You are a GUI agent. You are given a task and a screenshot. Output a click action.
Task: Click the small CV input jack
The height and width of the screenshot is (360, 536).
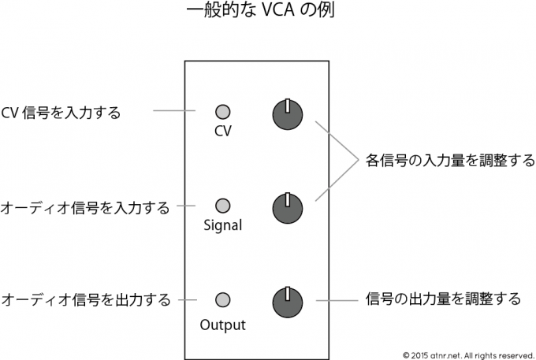click(222, 112)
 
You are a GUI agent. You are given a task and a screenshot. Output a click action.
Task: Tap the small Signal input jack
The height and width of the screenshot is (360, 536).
click(222, 206)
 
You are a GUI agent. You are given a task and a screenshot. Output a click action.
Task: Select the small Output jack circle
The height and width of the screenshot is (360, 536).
click(222, 299)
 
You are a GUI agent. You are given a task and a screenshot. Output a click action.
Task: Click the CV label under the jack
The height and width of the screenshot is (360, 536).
click(222, 132)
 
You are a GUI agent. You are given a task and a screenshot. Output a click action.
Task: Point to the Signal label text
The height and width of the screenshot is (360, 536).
click(221, 226)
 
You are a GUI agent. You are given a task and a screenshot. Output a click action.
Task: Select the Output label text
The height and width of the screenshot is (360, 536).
click(222, 324)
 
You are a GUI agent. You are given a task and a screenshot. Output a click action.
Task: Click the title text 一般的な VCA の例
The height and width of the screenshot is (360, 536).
click(268, 13)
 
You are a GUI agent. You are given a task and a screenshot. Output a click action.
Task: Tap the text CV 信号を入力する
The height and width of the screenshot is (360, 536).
click(61, 113)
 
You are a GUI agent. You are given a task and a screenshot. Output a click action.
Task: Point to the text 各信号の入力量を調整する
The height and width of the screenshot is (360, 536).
click(450, 161)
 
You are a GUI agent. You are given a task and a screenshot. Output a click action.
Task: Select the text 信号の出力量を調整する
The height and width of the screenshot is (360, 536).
click(444, 299)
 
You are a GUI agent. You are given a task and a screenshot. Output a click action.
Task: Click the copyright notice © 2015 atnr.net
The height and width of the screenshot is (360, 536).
click(467, 352)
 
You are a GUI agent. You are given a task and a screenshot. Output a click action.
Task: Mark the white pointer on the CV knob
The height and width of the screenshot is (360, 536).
click(288, 106)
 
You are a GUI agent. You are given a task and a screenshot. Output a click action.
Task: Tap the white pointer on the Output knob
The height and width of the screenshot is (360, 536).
click(288, 294)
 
